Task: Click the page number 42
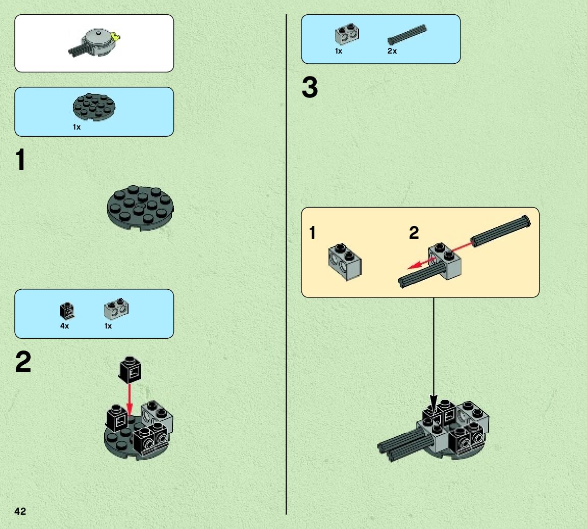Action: [20, 511]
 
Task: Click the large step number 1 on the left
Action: [20, 160]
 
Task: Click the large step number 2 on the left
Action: [23, 362]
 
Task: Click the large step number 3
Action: [310, 87]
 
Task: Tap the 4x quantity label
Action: [64, 326]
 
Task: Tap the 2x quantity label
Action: [392, 51]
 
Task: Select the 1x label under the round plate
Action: [76, 128]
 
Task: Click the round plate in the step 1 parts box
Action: [94, 107]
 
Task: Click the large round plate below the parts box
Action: [140, 208]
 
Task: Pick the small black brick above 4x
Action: [67, 311]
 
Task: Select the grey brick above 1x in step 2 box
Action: [116, 309]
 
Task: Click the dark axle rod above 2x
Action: [407, 35]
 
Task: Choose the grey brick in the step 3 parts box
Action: [347, 35]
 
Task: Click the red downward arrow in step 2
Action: [130, 399]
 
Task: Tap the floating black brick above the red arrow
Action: [130, 369]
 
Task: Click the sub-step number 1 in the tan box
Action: [313, 233]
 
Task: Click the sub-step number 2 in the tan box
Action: [414, 233]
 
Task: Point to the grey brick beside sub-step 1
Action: [345, 262]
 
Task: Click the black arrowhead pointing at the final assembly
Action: [433, 405]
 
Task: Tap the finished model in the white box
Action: [94, 42]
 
